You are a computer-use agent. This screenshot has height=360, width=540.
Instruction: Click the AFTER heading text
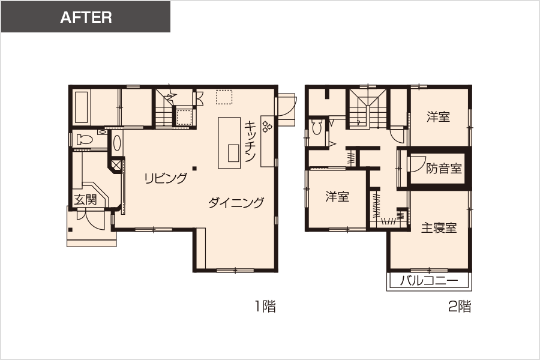86,17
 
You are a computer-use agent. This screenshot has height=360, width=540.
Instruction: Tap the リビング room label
166,178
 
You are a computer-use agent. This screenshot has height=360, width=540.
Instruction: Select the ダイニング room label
236,203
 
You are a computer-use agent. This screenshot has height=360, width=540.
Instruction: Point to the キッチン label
250,141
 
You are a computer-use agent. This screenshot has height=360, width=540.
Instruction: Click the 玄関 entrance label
86,200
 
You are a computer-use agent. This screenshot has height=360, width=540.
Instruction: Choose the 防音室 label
444,169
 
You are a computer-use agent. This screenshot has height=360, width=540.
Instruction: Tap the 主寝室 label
439,228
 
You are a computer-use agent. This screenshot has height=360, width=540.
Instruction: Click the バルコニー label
429,281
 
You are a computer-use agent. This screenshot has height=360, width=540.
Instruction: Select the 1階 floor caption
265,306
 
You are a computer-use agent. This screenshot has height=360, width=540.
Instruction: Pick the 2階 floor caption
460,306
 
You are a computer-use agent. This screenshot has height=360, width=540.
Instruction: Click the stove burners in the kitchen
267,126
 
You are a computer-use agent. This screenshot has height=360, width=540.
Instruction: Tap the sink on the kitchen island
233,153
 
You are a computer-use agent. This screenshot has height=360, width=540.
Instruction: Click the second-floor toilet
316,127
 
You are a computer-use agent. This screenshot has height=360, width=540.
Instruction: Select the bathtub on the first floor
82,107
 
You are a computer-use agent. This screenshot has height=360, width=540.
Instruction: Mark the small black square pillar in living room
194,169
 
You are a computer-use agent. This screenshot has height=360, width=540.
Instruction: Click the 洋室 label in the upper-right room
439,117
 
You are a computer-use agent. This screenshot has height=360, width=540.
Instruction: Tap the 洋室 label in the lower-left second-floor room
337,197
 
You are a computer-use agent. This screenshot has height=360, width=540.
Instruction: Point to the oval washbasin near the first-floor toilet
117,143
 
